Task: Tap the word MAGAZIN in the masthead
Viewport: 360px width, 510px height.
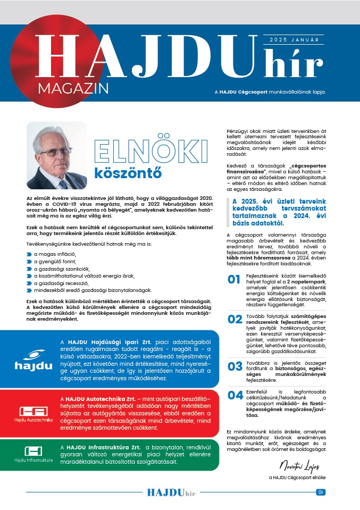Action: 73,86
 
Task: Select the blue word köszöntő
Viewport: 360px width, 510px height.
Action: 127,173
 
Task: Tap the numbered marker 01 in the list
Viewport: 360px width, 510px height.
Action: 235,280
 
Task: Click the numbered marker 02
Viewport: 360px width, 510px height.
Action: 235,319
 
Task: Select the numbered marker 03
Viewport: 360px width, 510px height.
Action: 235,366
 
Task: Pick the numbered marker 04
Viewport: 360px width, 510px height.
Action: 235,395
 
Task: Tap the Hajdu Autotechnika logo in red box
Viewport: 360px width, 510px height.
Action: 34,414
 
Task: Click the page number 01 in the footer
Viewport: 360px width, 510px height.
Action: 320,492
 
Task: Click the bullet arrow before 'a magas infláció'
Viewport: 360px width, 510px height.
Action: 29,255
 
